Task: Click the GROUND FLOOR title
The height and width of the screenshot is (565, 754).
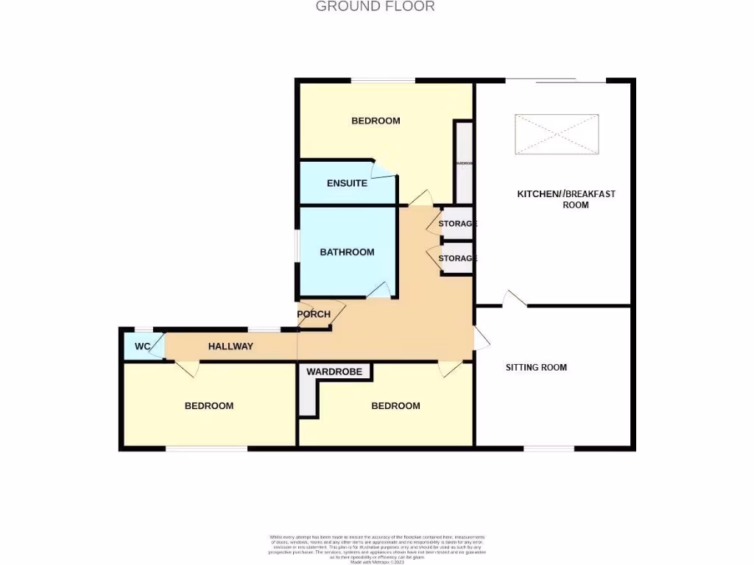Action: tap(376, 7)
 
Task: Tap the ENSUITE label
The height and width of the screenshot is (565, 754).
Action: tap(347, 183)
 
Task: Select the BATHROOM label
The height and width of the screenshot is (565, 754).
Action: tap(347, 252)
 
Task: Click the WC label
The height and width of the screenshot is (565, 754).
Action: tap(143, 346)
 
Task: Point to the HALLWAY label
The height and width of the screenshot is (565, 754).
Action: tap(230, 346)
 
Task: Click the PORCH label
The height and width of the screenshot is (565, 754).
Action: tap(314, 314)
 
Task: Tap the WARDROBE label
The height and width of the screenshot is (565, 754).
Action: tap(334, 372)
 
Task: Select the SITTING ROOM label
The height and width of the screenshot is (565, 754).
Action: tap(536, 367)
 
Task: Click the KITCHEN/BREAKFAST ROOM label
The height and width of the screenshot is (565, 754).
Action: tap(566, 199)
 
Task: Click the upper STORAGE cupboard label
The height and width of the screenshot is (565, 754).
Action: tap(458, 224)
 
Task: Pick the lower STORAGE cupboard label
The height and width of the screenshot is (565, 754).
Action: tap(458, 258)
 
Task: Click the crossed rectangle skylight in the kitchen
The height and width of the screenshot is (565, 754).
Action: tap(557, 134)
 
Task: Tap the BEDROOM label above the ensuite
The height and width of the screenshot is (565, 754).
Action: tap(376, 121)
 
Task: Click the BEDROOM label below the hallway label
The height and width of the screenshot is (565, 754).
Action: tap(209, 405)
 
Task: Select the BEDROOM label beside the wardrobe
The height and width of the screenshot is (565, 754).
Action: tap(395, 405)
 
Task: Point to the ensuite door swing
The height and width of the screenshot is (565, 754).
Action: tap(383, 170)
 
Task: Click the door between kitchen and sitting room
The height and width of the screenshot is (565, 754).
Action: tap(515, 298)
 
